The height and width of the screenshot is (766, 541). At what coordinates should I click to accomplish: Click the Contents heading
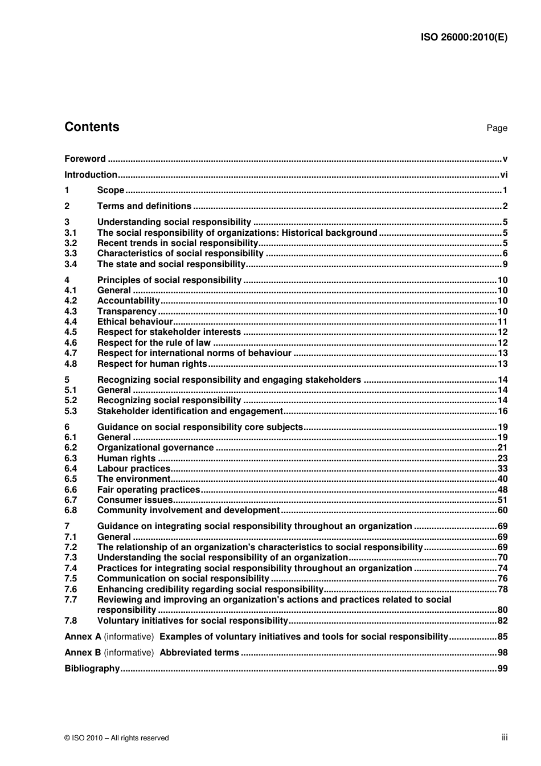[92, 127]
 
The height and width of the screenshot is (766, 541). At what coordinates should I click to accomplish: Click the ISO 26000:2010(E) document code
[464, 38]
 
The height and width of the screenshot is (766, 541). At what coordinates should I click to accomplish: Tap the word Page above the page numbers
[497, 128]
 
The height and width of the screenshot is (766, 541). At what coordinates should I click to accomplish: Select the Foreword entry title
[85, 159]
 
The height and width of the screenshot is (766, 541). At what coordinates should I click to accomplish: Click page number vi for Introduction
[503, 175]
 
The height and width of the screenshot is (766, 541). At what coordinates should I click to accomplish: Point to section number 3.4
[71, 264]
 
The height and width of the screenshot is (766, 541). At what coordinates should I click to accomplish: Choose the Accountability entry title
[128, 301]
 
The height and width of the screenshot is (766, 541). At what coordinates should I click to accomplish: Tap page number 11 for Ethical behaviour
[502, 322]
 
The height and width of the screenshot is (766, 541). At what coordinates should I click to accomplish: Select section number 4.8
[71, 364]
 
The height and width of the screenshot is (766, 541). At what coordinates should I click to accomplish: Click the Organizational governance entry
[155, 448]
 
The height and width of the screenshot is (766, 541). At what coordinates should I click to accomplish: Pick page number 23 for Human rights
[502, 458]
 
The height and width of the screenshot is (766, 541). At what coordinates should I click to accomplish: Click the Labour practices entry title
[134, 469]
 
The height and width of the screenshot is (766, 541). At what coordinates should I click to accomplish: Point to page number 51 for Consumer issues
[502, 500]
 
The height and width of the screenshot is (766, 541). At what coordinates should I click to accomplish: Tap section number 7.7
[71, 600]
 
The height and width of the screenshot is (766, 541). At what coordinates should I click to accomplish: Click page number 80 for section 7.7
[502, 610]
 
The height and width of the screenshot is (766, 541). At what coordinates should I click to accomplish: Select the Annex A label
[83, 637]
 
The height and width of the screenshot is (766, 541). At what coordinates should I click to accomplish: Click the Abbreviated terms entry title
[199, 653]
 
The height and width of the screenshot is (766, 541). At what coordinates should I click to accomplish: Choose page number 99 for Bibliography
[502, 669]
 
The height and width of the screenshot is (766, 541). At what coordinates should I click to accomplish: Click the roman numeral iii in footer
[504, 738]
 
